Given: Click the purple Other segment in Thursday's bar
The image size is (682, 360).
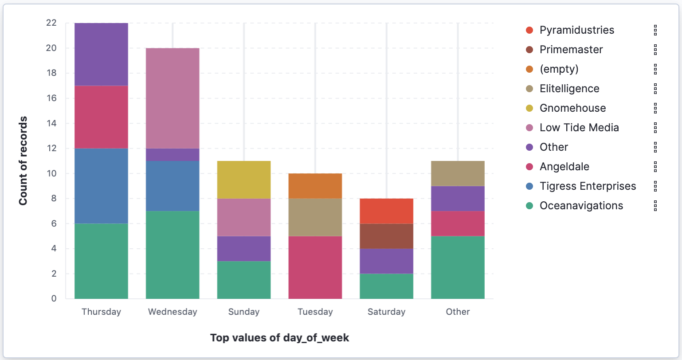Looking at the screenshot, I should pos(101,54).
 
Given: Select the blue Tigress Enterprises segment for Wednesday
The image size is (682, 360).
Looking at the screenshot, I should pos(172,186).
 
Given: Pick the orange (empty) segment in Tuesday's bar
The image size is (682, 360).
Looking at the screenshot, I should pos(315,186).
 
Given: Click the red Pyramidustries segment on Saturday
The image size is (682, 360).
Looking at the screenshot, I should pos(387,211).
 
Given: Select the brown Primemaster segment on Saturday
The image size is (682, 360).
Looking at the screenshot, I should pos(387,236).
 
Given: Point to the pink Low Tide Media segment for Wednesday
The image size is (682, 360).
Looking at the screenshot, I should pos(172,98).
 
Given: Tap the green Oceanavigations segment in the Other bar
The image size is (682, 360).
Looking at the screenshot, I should pos(458,267).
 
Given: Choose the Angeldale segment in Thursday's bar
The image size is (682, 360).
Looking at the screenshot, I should pos(101,117).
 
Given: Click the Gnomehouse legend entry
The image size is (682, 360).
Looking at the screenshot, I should pos(572,108).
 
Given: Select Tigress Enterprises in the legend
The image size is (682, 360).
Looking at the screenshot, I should pos(588,186).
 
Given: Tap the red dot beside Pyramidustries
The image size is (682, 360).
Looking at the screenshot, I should pos(529,30).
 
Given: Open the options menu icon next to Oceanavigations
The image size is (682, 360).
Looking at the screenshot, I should pos(655,206).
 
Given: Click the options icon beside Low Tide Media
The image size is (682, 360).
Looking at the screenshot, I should pos(655,128).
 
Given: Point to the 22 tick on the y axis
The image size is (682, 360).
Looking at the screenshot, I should pos(51,23).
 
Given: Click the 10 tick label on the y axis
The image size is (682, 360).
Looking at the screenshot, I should pos(51,173).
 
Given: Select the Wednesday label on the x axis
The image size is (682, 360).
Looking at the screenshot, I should pos(172,312).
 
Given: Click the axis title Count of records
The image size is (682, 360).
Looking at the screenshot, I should pos(23,161).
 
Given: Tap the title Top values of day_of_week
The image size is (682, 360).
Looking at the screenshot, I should pos(279,338).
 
